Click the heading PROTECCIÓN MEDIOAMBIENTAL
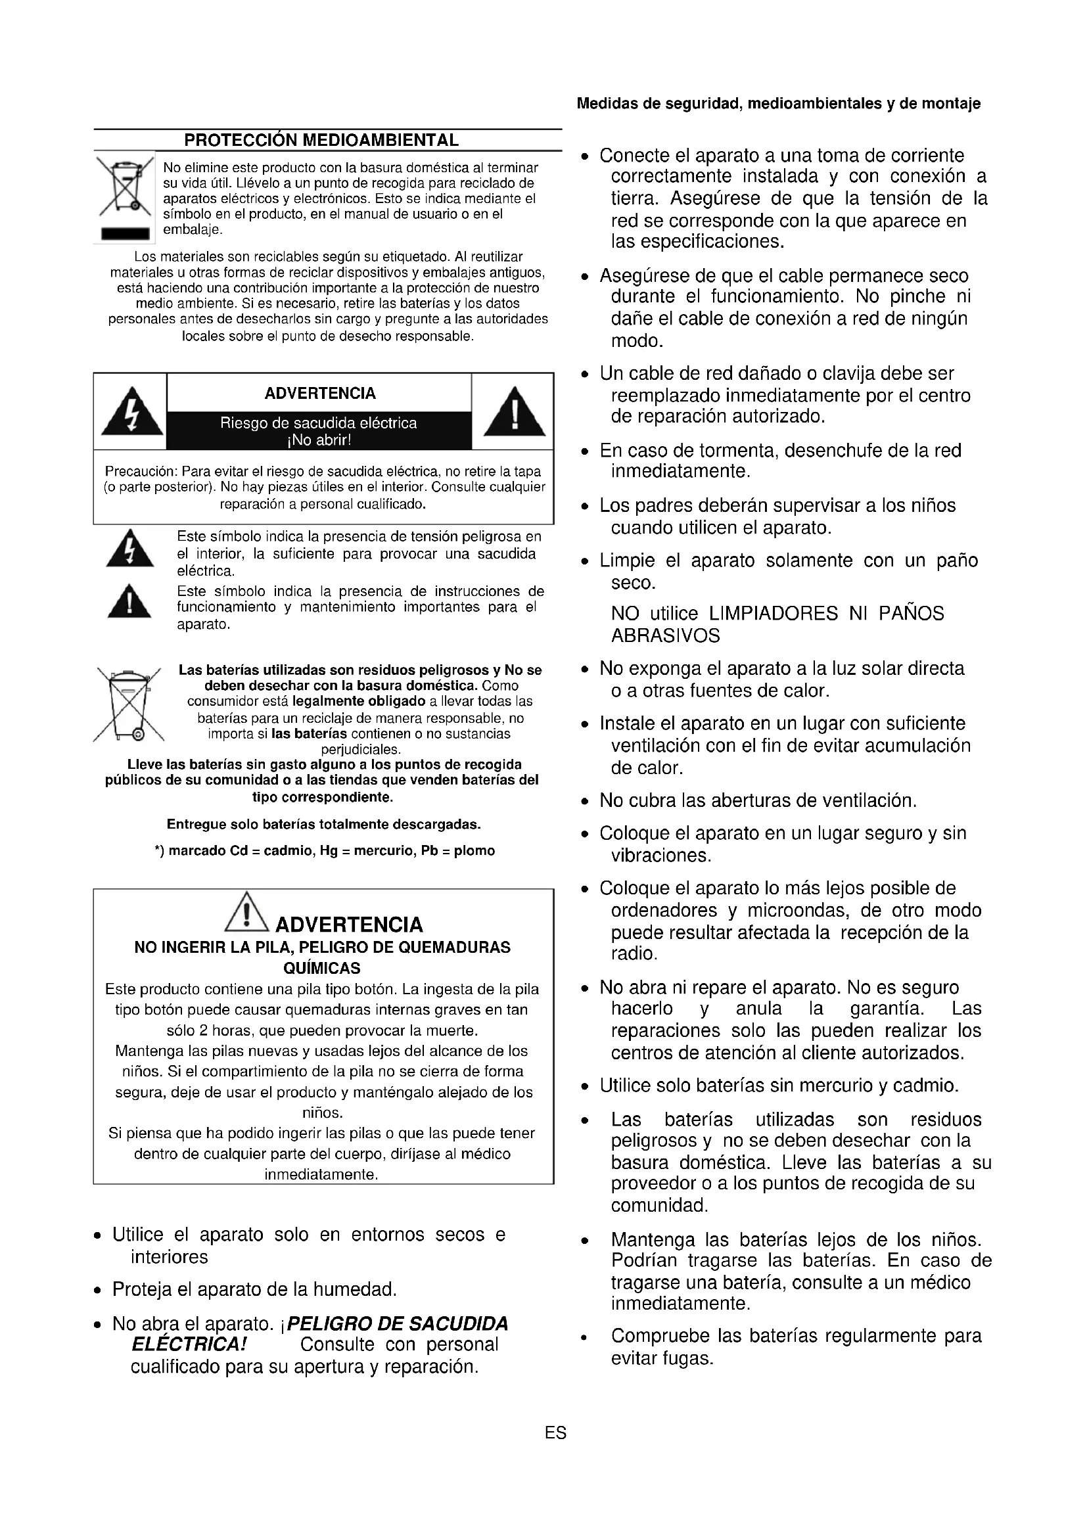321,141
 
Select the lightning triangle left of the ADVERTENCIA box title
132,411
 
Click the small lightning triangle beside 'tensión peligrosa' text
130,549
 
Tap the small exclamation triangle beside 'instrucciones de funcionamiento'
129,602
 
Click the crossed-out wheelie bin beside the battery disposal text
129,706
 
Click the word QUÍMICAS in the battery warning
322,968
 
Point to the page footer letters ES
555,1433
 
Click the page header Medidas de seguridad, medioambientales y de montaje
778,104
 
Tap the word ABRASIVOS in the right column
665,636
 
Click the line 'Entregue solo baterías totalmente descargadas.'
324,824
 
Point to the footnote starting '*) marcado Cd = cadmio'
325,851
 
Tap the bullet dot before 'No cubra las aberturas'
586,802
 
